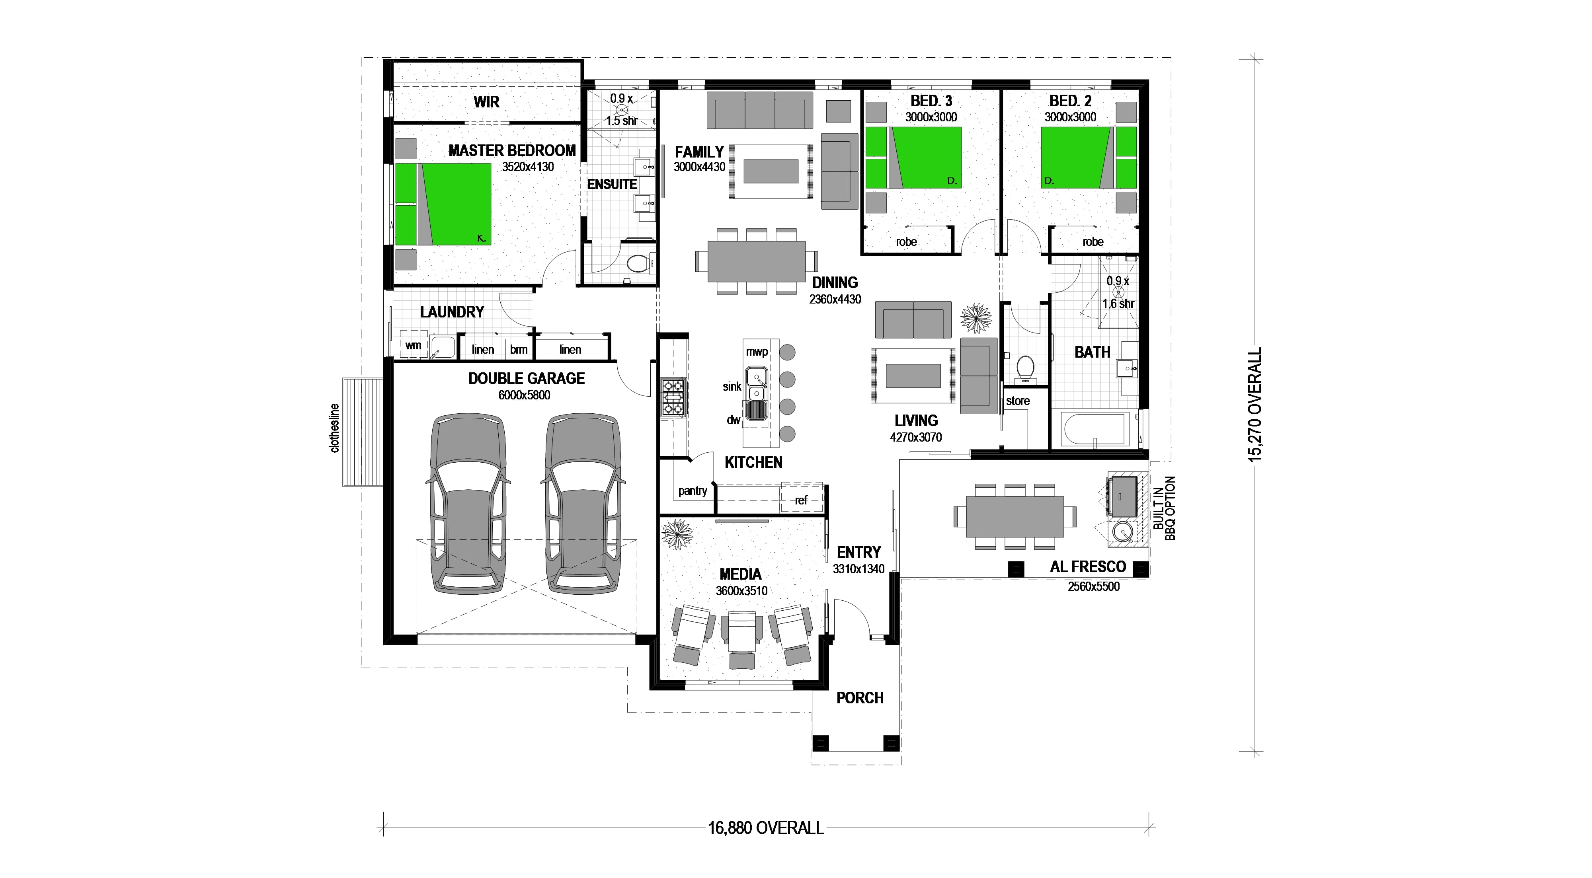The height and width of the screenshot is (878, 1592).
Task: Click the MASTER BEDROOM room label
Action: [x=512, y=150]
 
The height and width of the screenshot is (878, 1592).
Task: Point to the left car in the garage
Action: [x=468, y=504]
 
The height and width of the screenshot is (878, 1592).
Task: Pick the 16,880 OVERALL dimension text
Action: [x=766, y=828]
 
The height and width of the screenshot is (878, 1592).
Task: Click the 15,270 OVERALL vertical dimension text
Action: [x=1254, y=405]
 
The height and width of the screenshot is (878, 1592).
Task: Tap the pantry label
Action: [x=692, y=491]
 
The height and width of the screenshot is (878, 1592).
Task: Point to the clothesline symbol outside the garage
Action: [x=363, y=432]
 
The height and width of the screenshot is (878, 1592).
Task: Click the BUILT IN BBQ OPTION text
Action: [x=1164, y=508]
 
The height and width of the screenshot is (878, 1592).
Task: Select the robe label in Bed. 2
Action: [x=1093, y=241]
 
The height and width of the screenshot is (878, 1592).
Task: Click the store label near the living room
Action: [x=1017, y=401]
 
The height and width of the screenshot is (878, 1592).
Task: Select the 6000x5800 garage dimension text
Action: [x=524, y=395]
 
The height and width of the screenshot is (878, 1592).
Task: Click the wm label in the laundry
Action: [x=413, y=345]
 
